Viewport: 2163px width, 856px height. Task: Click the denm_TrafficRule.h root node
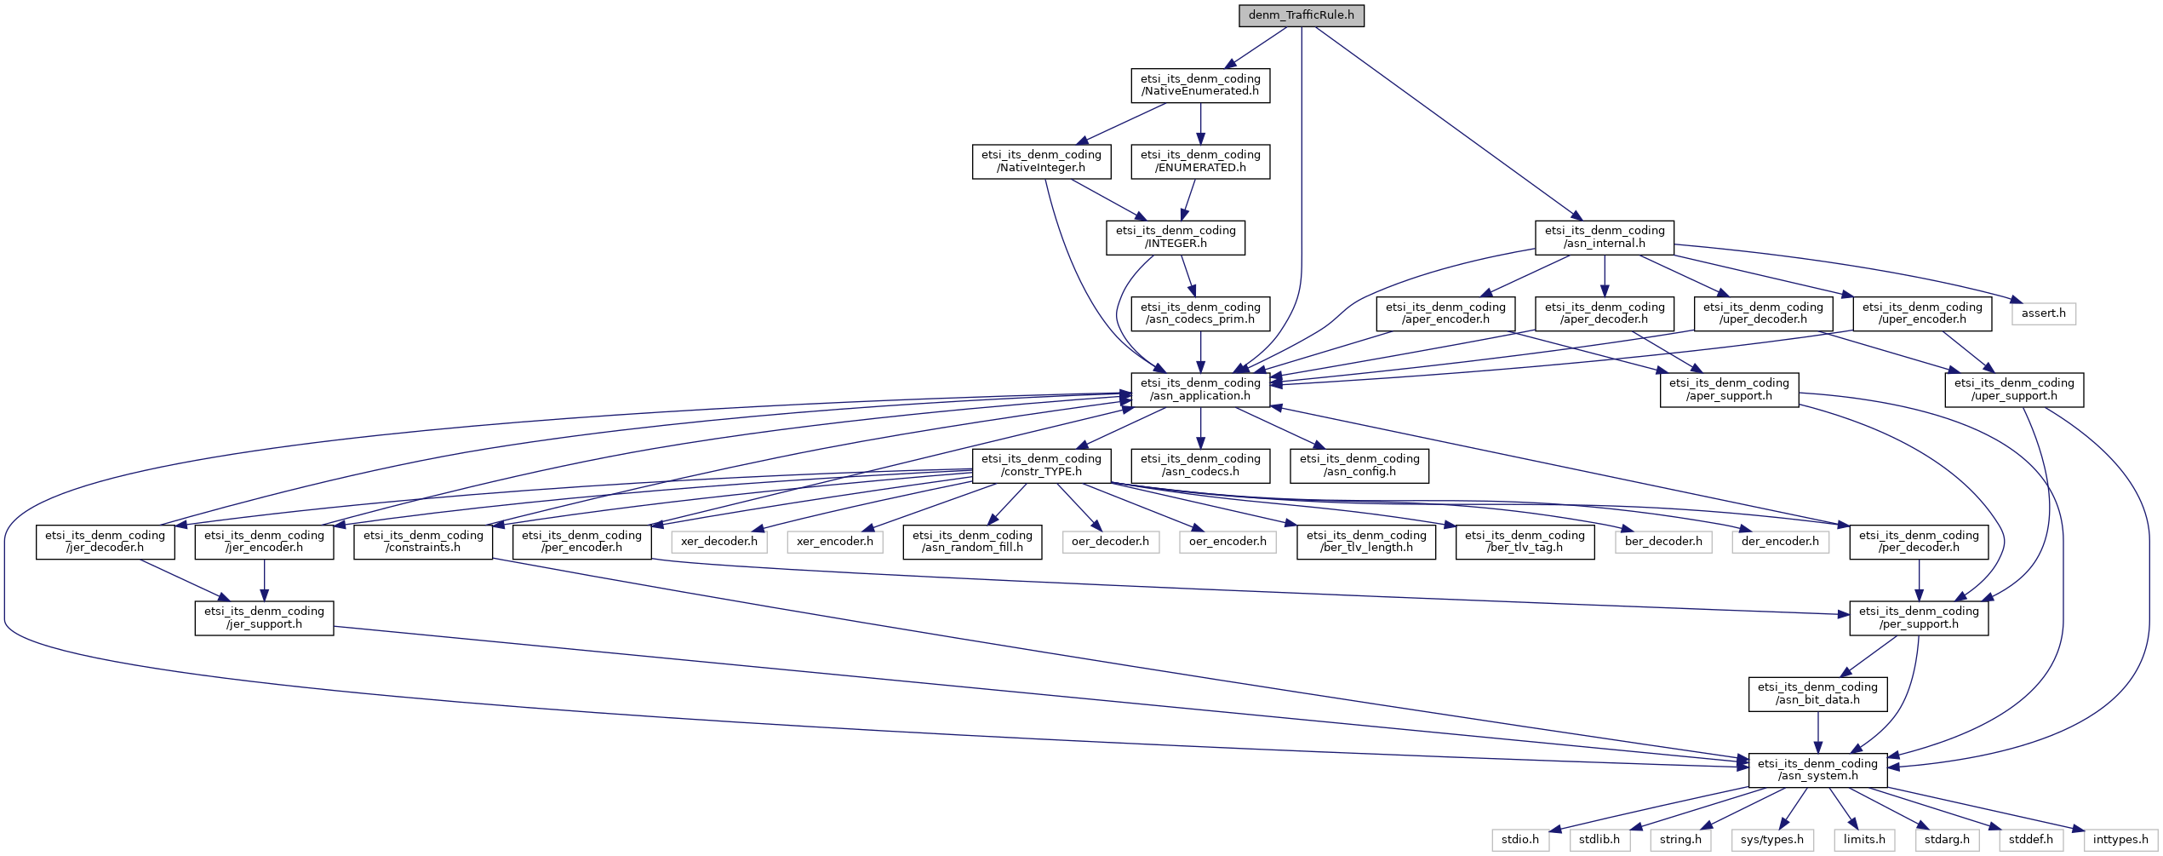coord(1302,15)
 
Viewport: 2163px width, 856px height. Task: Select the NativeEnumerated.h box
coord(1200,85)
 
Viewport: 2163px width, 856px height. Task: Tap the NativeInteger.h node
coord(1041,161)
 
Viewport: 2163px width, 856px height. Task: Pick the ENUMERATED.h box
coord(1200,161)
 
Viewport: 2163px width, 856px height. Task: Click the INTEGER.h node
coord(1176,237)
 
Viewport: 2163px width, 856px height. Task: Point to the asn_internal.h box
coord(1605,237)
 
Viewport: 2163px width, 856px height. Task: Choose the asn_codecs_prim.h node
coord(1200,313)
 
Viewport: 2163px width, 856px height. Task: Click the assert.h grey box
coord(2044,313)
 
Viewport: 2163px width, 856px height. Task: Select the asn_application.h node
coord(1200,389)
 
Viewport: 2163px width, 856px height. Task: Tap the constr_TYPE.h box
coord(1041,465)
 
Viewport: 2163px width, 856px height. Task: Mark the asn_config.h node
coord(1359,465)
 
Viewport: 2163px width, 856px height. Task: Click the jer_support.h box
coord(264,618)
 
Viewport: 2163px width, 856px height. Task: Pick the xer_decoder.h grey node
coord(719,541)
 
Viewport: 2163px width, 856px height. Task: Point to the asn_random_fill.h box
coord(972,542)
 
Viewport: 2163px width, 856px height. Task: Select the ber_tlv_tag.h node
coord(1525,542)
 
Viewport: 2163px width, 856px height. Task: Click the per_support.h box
coord(1919,618)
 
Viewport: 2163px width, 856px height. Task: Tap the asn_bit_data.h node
coord(1817,693)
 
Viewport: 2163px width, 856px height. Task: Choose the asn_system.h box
coord(1817,770)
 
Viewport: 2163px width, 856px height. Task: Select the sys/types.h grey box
coord(1772,840)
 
